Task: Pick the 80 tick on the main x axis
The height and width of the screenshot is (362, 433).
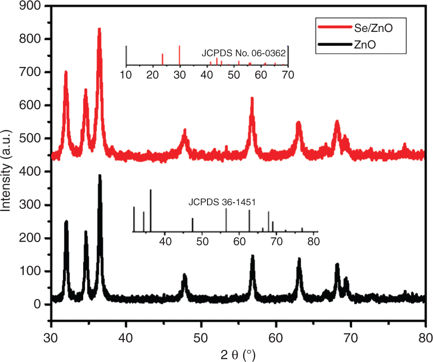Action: point(425,337)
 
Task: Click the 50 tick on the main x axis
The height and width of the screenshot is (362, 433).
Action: point(201,337)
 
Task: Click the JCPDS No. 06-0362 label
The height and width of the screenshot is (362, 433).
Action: point(243,53)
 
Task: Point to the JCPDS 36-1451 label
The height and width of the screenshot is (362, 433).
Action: point(222,202)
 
